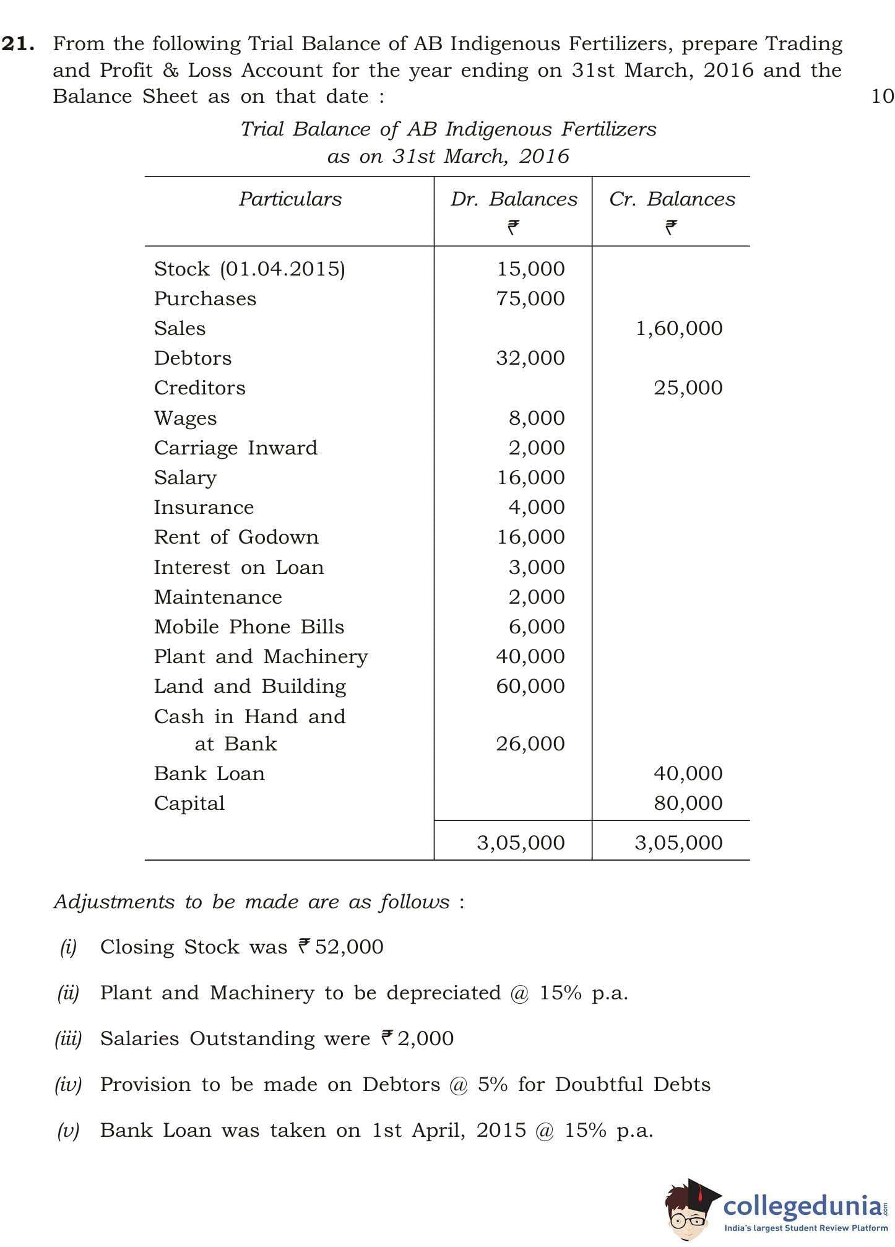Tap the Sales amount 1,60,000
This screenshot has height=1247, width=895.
(x=679, y=328)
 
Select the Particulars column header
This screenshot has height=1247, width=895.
(x=290, y=199)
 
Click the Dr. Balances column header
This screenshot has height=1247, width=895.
(x=513, y=199)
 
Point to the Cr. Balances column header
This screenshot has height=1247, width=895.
(x=672, y=199)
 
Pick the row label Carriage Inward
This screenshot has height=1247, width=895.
(x=235, y=448)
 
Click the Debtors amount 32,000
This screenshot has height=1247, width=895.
(x=530, y=358)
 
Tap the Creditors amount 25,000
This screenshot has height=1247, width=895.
(x=688, y=388)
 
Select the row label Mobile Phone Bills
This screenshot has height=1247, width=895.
(x=249, y=627)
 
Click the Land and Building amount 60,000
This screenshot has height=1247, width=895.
(x=530, y=686)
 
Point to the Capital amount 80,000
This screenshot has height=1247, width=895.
(x=688, y=803)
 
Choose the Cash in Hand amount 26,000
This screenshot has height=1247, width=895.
(x=530, y=744)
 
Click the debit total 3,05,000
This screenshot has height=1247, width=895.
(x=521, y=843)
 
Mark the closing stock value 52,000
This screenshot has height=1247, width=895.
(x=348, y=947)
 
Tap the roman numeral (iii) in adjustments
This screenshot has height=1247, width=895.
(x=68, y=1038)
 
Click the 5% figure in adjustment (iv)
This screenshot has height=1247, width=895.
(x=492, y=1084)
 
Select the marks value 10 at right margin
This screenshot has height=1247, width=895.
(x=882, y=96)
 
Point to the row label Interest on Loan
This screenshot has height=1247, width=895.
(x=238, y=567)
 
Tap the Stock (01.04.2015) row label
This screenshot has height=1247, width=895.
(x=249, y=269)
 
